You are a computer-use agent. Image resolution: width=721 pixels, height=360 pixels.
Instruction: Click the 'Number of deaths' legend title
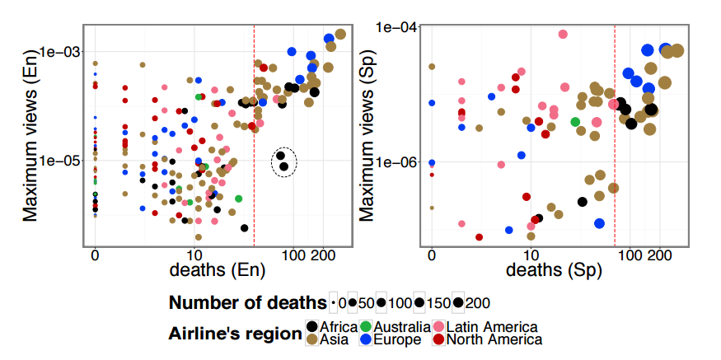point(247,302)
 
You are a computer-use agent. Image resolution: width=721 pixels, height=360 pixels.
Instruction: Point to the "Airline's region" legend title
point(234,334)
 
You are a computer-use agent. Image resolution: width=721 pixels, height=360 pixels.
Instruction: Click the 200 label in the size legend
point(478,303)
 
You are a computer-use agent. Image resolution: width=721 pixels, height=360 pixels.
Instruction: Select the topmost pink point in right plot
point(564,34)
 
